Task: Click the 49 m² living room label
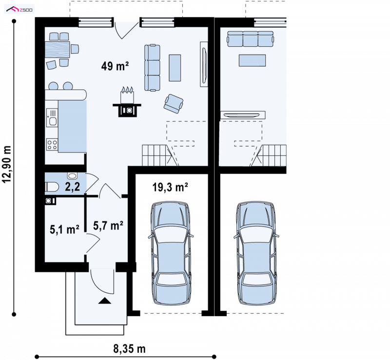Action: click(115, 66)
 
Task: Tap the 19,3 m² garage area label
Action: click(170, 187)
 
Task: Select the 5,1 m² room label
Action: click(64, 229)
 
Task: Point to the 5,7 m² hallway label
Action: click(108, 226)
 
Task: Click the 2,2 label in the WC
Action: click(72, 187)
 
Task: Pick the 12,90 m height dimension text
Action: click(7, 164)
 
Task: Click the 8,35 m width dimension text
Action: click(129, 349)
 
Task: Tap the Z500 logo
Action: click(19, 10)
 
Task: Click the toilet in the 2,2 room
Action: click(52, 187)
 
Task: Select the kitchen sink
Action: click(52, 117)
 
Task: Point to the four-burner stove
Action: click(52, 145)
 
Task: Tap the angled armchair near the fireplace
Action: click(174, 103)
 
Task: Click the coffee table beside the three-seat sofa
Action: click(175, 68)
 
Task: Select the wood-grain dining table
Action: click(57, 50)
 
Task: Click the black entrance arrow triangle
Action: click(105, 301)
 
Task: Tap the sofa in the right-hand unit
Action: click(250, 39)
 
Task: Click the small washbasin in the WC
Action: click(72, 176)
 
